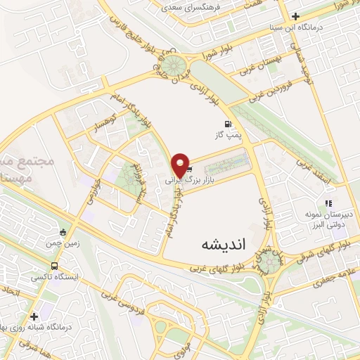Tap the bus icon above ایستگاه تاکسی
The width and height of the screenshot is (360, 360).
55,266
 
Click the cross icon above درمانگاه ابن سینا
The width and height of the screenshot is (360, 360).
296,16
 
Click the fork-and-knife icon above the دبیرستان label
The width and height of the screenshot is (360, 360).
328,204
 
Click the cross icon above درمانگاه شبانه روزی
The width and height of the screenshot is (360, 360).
34,316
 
